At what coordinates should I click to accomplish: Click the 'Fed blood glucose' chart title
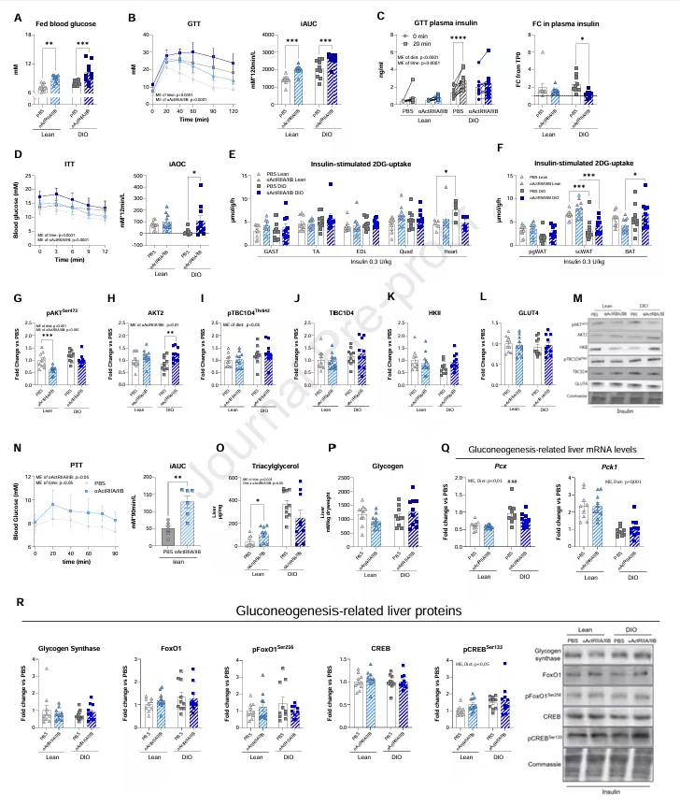click(59, 22)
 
